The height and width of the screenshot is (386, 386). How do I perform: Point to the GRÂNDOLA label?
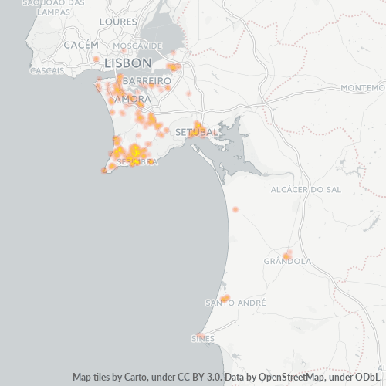[287, 261]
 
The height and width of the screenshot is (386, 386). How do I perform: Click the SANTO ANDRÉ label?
[225, 303]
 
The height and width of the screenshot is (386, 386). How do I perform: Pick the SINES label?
[203, 338]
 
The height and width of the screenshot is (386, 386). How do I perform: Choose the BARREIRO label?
[146, 80]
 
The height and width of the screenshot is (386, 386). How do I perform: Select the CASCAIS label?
[46, 70]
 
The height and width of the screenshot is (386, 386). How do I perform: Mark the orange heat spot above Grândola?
[286, 255]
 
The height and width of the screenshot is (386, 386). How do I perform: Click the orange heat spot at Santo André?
[225, 298]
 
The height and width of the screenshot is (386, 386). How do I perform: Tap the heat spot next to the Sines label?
[200, 335]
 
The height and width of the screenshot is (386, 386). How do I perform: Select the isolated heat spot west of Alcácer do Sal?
[235, 209]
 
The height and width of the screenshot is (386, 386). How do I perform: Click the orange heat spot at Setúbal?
[198, 126]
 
